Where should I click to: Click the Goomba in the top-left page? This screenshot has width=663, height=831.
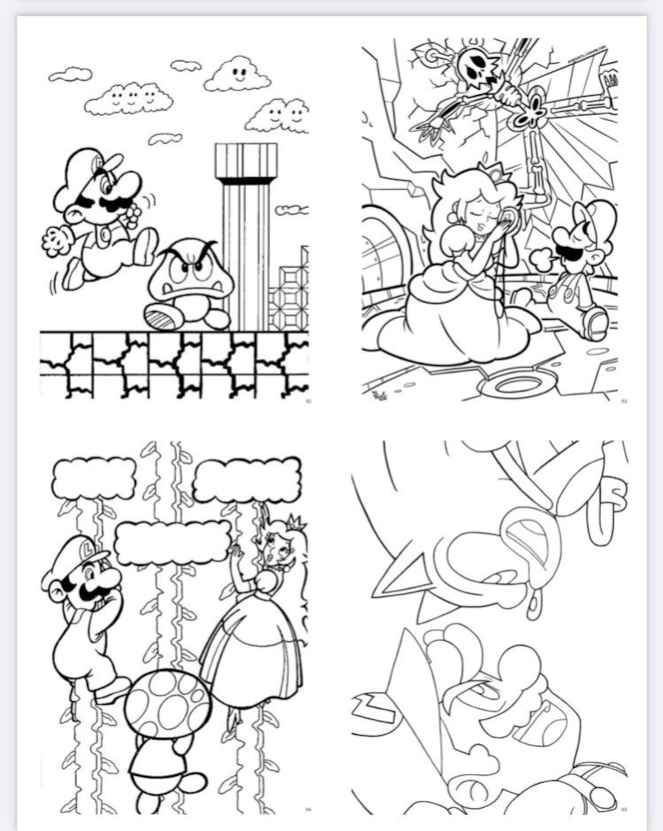click(x=190, y=279)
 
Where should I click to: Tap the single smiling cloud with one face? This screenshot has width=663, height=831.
click(x=238, y=75)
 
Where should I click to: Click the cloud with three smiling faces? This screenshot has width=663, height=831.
click(x=129, y=98)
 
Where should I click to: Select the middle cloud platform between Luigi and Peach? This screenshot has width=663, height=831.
click(x=173, y=543)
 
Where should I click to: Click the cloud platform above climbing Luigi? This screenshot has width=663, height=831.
click(x=93, y=477)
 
